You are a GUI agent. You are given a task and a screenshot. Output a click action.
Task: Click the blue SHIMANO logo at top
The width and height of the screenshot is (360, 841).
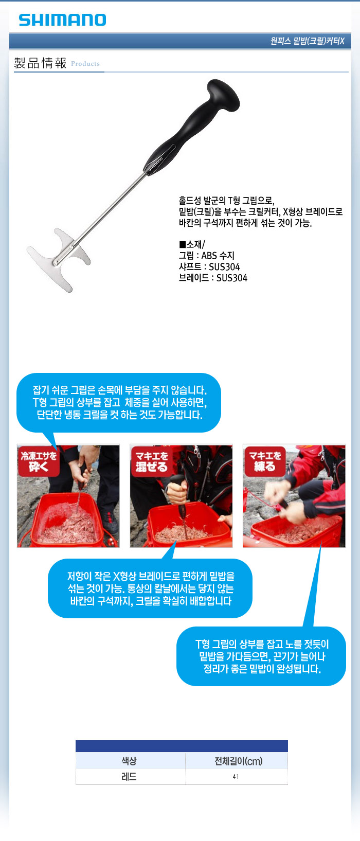coord(62,20)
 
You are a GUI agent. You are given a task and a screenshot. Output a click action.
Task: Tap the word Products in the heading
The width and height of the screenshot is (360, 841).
coord(85,64)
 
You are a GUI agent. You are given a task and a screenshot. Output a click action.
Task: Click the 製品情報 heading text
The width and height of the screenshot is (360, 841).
coord(40,63)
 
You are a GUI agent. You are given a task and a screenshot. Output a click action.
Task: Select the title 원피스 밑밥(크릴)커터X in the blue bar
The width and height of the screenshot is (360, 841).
coord(307,41)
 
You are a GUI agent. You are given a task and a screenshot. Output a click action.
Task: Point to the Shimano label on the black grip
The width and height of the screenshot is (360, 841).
coord(155,165)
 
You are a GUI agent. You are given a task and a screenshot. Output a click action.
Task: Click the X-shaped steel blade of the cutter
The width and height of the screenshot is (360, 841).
coord(59,260)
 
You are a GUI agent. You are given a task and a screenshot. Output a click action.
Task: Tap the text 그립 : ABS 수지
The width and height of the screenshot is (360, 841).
coord(206,256)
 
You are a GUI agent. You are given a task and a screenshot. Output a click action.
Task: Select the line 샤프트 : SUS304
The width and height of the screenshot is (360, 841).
coord(209,267)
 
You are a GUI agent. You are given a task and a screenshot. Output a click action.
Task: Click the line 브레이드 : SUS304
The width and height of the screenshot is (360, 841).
coord(213,278)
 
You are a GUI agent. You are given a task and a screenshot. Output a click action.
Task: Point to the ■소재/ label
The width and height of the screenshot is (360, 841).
coord(192,244)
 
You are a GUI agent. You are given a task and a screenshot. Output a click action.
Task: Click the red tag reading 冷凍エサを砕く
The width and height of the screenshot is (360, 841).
coord(39,461)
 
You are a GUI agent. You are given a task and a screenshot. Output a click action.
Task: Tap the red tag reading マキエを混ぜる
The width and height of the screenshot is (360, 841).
coord(152,461)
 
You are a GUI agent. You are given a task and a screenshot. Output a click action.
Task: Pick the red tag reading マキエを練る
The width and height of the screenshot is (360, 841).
coord(265,461)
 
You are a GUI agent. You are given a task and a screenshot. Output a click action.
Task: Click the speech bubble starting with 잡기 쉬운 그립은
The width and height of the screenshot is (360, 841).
coord(119,402)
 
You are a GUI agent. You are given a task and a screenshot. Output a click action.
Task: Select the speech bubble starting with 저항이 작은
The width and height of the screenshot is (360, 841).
coord(150,588)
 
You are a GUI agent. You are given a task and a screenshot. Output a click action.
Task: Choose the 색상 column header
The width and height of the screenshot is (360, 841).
coord(129,761)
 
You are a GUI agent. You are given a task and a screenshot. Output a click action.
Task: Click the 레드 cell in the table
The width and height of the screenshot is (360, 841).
coord(129,777)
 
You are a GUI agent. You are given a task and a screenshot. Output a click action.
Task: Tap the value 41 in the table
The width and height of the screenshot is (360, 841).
coord(236,777)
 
